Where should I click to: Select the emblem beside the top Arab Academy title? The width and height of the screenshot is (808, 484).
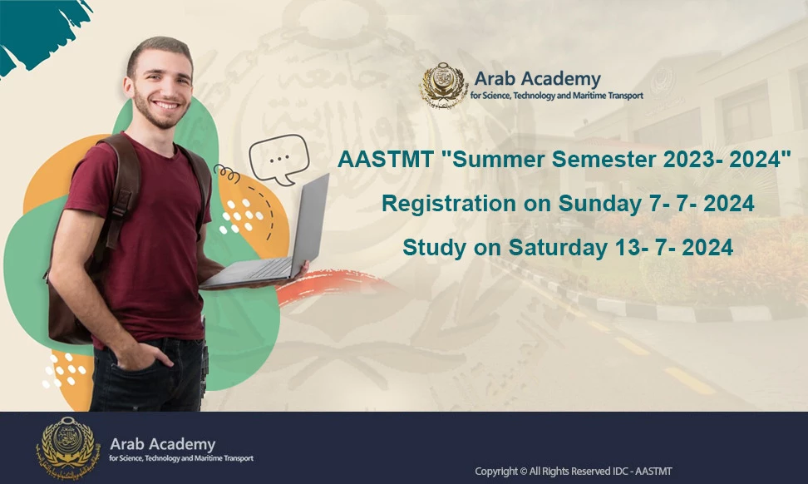(x=444, y=86)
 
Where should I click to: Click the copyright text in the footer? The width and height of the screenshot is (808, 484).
(x=574, y=472)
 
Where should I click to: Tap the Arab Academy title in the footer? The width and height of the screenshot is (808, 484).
(x=162, y=444)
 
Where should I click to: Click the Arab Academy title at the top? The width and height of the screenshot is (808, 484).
(x=537, y=79)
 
